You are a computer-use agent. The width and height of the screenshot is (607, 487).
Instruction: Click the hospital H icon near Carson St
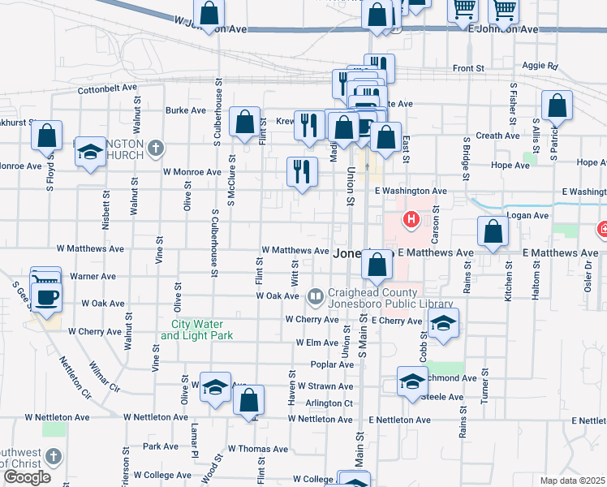pyautogui.click(x=411, y=219)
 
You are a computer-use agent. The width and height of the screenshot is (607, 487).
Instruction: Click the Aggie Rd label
pyautogui.click(x=541, y=66)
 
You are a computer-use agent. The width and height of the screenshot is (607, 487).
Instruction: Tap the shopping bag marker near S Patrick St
pyautogui.click(x=557, y=106)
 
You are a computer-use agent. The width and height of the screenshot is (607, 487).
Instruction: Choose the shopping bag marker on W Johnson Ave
pyautogui.click(x=209, y=14)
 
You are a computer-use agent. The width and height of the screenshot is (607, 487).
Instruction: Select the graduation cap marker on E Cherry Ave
pyautogui.click(x=443, y=324)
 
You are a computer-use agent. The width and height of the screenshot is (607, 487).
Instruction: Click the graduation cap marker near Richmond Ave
pyautogui.click(x=412, y=382)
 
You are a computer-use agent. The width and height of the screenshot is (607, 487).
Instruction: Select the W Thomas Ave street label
pyautogui.click(x=258, y=448)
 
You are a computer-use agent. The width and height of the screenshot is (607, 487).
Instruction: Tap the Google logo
pyautogui.click(x=27, y=477)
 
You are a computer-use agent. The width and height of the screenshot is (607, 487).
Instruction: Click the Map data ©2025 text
pyautogui.click(x=572, y=481)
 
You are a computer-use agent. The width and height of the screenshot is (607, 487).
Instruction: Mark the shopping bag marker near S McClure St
pyautogui.click(x=245, y=123)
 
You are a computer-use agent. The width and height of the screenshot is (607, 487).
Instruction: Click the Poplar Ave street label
pyautogui.click(x=332, y=364)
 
